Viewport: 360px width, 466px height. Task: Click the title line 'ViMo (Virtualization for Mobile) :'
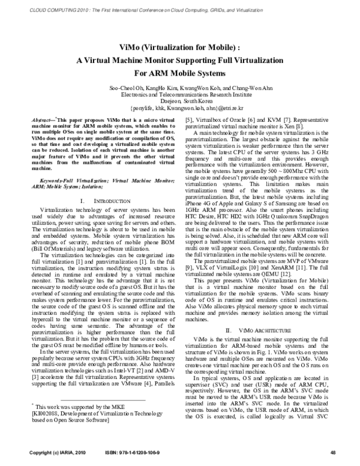point(180,47)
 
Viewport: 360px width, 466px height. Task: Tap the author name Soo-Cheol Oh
point(127,88)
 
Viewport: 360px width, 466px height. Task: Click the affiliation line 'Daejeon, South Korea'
point(180,101)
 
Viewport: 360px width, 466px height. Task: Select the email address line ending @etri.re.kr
point(180,109)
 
